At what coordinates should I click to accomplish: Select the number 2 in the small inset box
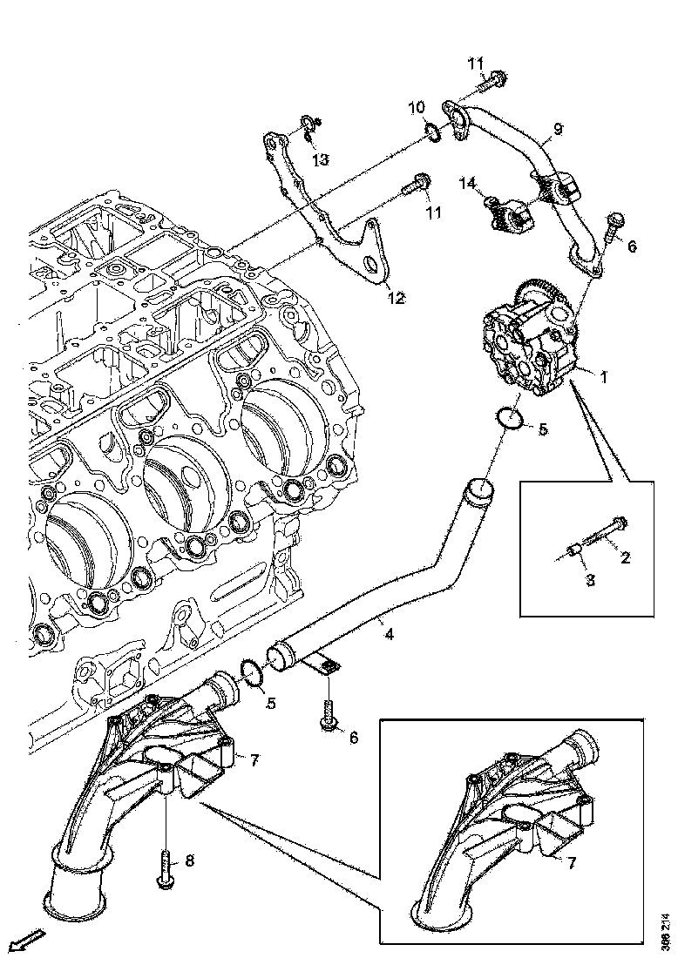click(x=625, y=557)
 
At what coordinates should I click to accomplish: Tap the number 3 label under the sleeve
click(x=589, y=580)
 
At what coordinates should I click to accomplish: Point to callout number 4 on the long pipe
click(x=389, y=634)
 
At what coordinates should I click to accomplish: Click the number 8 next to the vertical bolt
click(x=189, y=860)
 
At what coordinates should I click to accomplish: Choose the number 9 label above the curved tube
click(x=557, y=129)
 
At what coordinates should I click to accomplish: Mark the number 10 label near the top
click(x=417, y=107)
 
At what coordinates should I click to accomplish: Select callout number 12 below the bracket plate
click(x=396, y=299)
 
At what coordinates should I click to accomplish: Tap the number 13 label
click(x=320, y=159)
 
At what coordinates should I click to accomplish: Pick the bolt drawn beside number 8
click(x=166, y=869)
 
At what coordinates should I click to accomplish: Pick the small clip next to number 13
click(x=308, y=128)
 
